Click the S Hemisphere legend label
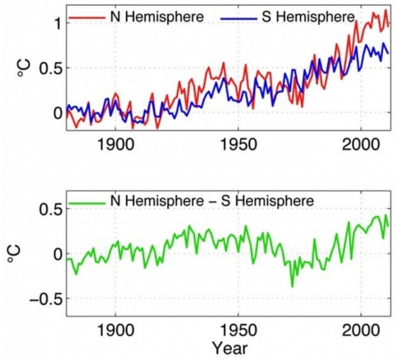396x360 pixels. [x=312, y=16]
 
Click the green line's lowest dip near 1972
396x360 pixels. [x=292, y=286]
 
